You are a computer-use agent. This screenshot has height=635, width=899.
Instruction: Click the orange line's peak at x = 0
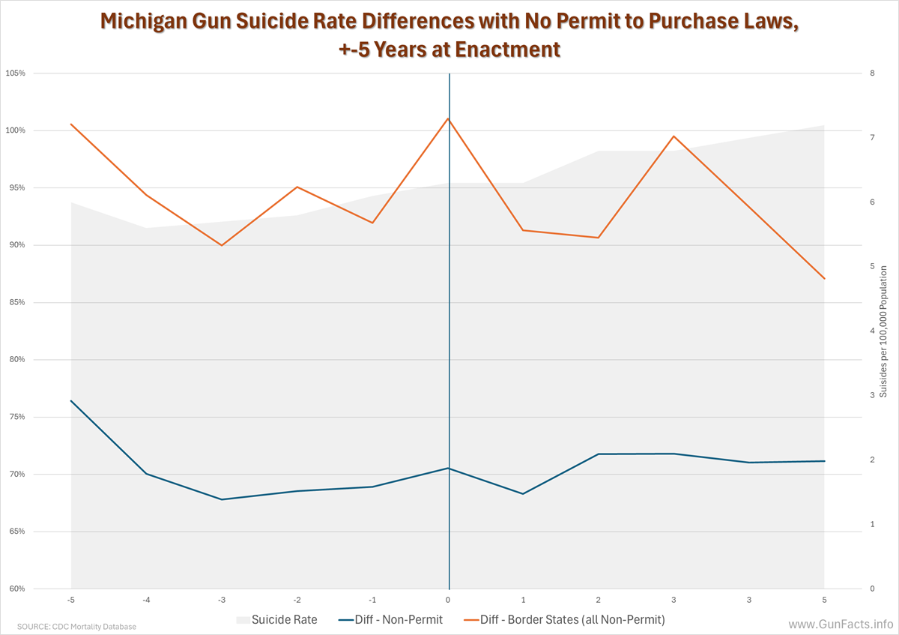coord(448,118)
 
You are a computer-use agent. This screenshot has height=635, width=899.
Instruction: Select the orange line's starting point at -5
coord(71,124)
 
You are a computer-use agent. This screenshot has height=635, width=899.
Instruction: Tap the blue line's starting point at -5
coord(71,400)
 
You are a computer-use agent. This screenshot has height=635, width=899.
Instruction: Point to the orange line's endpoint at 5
coord(824,279)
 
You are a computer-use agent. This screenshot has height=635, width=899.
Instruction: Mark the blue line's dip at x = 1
coord(523,493)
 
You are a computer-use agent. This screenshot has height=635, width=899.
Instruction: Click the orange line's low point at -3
coord(222,245)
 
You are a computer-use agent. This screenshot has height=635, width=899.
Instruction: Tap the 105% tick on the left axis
coord(16,73)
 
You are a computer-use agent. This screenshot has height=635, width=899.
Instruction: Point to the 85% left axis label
coord(16,302)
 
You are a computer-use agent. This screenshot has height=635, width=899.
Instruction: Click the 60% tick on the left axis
coord(16,589)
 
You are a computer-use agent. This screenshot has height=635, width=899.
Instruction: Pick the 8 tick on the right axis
coord(872,73)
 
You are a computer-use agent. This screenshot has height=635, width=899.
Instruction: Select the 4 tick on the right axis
coord(872,331)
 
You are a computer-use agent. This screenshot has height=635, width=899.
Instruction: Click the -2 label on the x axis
coord(297,600)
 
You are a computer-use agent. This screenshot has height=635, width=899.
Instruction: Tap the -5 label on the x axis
coord(70,600)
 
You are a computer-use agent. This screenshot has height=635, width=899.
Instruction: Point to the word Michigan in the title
coord(148,22)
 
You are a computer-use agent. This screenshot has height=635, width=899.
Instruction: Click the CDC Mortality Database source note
coord(76,626)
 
